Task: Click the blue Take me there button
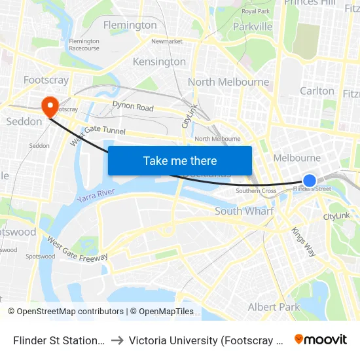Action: (180, 160)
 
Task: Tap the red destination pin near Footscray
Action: (50, 105)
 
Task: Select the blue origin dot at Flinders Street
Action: (310, 181)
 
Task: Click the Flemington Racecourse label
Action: (84, 45)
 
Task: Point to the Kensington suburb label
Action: (159, 62)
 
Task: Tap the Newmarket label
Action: (166, 41)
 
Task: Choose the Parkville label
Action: (253, 27)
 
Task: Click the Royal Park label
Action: (256, 11)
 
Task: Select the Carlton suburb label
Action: (317, 90)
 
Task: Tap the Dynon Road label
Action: (133, 107)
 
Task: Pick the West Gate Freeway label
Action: (77, 249)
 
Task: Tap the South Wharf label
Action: (244, 211)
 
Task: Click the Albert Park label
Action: (274, 307)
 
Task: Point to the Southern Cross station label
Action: (256, 191)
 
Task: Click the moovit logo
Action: (320, 340)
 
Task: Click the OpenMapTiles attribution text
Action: (162, 312)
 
